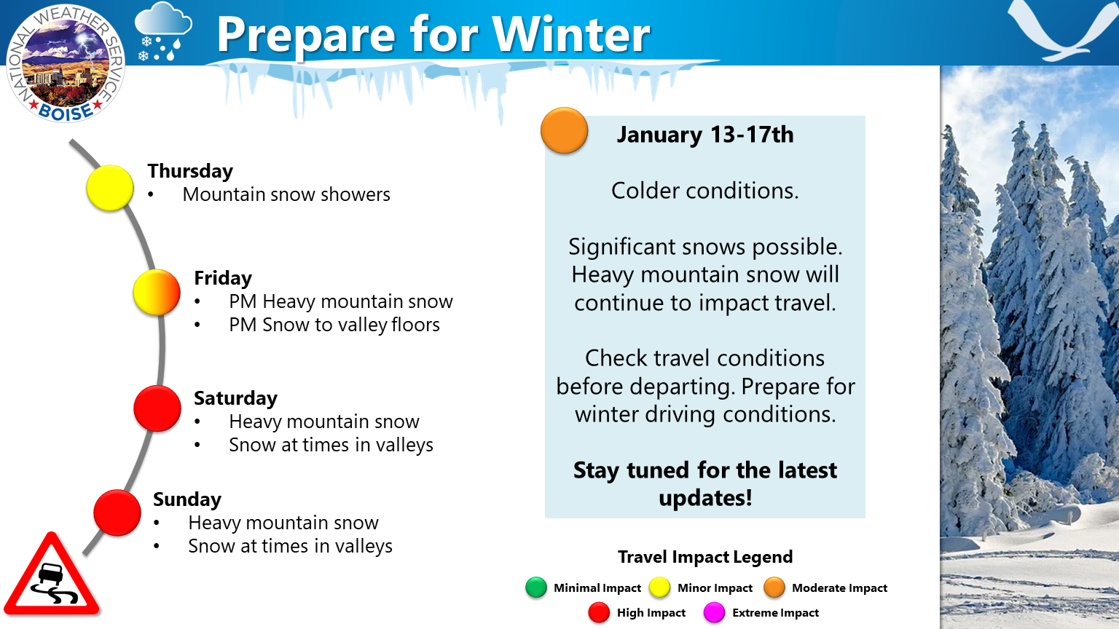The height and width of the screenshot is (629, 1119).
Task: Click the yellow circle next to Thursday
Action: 110,188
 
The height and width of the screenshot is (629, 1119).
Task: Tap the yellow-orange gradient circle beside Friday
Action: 157,293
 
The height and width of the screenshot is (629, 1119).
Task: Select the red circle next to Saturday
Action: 157,408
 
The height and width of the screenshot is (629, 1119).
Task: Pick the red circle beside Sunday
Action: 117,513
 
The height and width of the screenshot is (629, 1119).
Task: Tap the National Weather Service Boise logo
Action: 66,63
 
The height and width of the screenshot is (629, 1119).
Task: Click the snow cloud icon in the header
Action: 163,32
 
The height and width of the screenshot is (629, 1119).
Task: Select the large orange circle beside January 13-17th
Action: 564,130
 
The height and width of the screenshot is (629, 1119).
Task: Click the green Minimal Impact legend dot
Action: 536,588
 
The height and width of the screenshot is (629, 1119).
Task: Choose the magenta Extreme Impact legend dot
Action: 715,612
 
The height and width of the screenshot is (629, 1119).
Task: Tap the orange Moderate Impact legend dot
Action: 774,588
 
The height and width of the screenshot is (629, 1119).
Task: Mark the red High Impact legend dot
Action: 599,612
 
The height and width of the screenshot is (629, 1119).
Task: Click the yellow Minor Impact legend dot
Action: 659,588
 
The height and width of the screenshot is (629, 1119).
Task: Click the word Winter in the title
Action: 571,34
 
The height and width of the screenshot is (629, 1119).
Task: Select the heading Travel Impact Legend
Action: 705,557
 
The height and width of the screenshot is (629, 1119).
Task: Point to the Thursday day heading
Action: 190,171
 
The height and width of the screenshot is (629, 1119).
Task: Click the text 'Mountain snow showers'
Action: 286,194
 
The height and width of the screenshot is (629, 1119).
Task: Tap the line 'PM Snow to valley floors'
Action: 334,325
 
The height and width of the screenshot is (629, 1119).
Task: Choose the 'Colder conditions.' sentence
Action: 705,191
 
